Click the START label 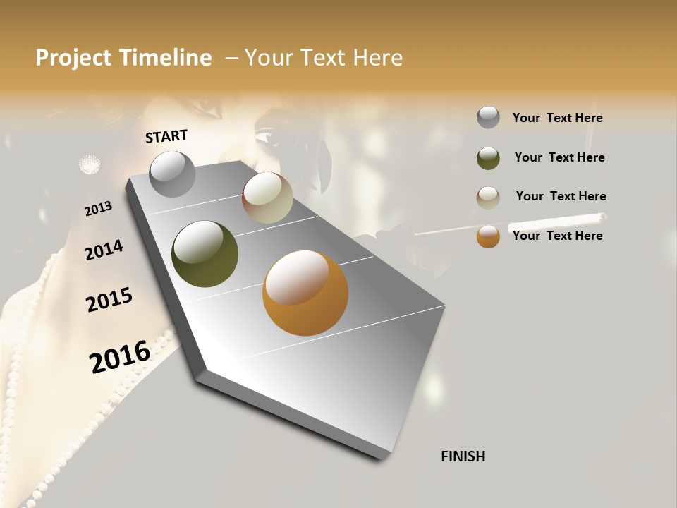166,136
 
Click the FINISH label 463,456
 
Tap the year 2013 98,209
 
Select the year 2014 104,250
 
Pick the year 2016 120,356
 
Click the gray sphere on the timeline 172,174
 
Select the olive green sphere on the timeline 205,254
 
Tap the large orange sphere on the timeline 305,293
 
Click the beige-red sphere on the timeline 267,198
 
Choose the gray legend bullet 488,117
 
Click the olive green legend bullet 488,158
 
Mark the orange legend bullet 488,236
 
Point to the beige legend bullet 488,197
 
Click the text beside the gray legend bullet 557,118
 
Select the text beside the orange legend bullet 557,236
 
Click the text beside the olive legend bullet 559,157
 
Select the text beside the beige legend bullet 561,196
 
